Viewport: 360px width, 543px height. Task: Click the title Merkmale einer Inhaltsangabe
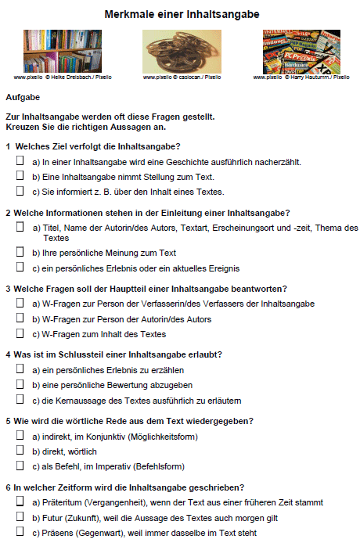(182, 14)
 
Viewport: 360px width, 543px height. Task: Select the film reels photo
(182, 52)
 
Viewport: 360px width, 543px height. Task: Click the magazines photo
(301, 52)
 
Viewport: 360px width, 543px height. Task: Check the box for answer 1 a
(20, 161)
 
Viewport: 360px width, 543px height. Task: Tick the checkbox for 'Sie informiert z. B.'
(20, 191)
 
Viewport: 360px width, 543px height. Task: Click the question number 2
(8, 213)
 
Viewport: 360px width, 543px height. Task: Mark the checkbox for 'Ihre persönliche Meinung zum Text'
(20, 253)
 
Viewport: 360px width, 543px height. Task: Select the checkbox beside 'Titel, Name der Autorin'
(20, 228)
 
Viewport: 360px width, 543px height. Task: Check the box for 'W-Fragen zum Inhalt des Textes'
(20, 333)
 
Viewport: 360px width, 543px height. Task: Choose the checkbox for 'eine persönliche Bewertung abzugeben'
(20, 384)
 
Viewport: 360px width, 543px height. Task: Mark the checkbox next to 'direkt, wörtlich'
(20, 451)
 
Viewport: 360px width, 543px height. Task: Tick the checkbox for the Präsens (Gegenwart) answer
(20, 532)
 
